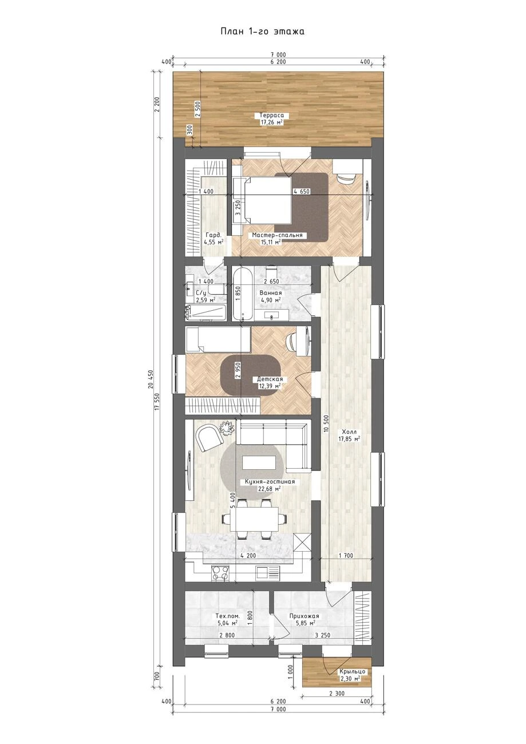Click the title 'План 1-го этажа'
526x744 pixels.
tap(263, 31)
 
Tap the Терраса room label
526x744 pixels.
tap(272, 116)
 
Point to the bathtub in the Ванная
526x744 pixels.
tap(242, 294)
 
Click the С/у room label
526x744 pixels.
tap(201, 293)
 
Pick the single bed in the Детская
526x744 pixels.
tap(218, 339)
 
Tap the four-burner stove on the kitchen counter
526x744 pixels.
tap(220, 573)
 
